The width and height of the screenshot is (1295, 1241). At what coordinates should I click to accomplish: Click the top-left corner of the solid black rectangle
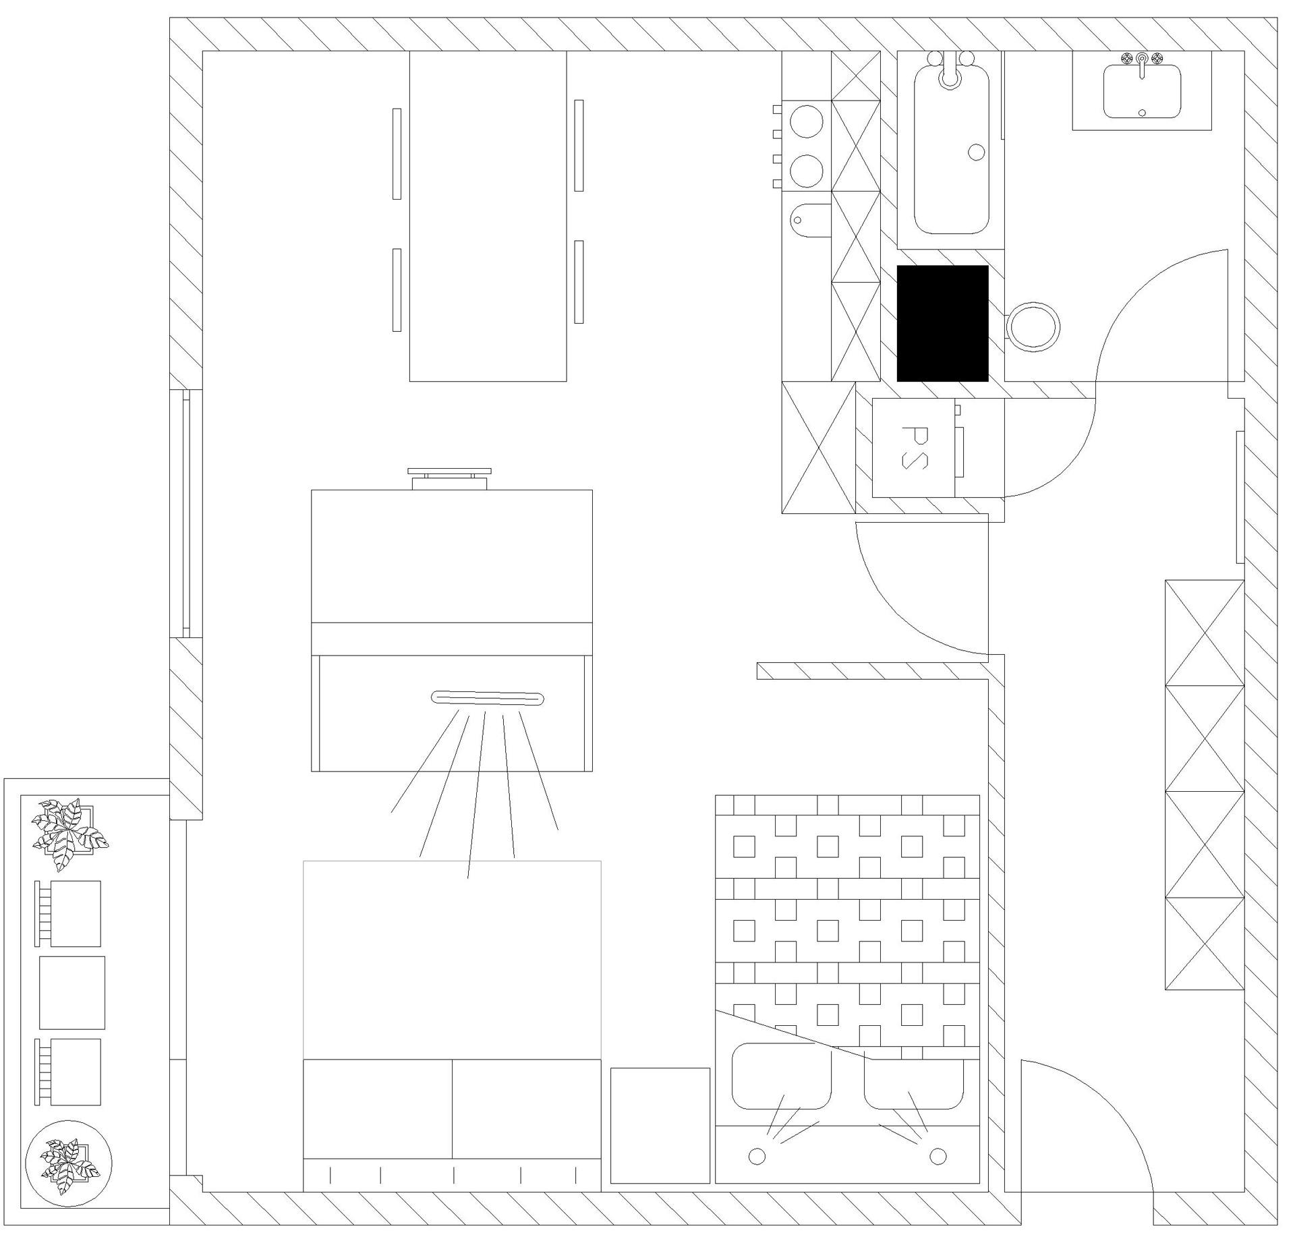point(897,266)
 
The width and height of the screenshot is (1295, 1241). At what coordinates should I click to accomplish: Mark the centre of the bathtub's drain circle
point(976,152)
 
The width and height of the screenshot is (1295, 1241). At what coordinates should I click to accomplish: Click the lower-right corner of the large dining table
point(567,381)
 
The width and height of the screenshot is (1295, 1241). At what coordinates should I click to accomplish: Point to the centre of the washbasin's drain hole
point(1142,113)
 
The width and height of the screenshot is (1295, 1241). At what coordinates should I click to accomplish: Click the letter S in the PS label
point(915,460)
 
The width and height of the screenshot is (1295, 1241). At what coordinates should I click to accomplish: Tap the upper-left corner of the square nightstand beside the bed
point(611,1068)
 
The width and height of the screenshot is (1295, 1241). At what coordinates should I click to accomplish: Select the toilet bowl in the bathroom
point(1033,328)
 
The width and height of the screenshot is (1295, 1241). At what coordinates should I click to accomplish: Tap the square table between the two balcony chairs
point(72,992)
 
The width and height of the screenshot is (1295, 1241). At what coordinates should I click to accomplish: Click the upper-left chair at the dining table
point(397,154)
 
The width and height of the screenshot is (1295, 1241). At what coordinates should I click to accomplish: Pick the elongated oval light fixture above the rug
point(488,699)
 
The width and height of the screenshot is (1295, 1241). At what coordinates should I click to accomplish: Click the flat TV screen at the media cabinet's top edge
point(449,471)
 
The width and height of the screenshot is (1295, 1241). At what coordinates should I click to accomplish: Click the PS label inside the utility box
point(915,447)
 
